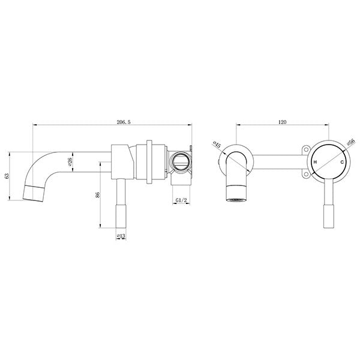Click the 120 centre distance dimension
282,122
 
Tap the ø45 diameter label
217,145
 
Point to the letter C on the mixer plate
342,163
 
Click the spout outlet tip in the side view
34,194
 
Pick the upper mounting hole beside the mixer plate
305,149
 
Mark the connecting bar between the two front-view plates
279,160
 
